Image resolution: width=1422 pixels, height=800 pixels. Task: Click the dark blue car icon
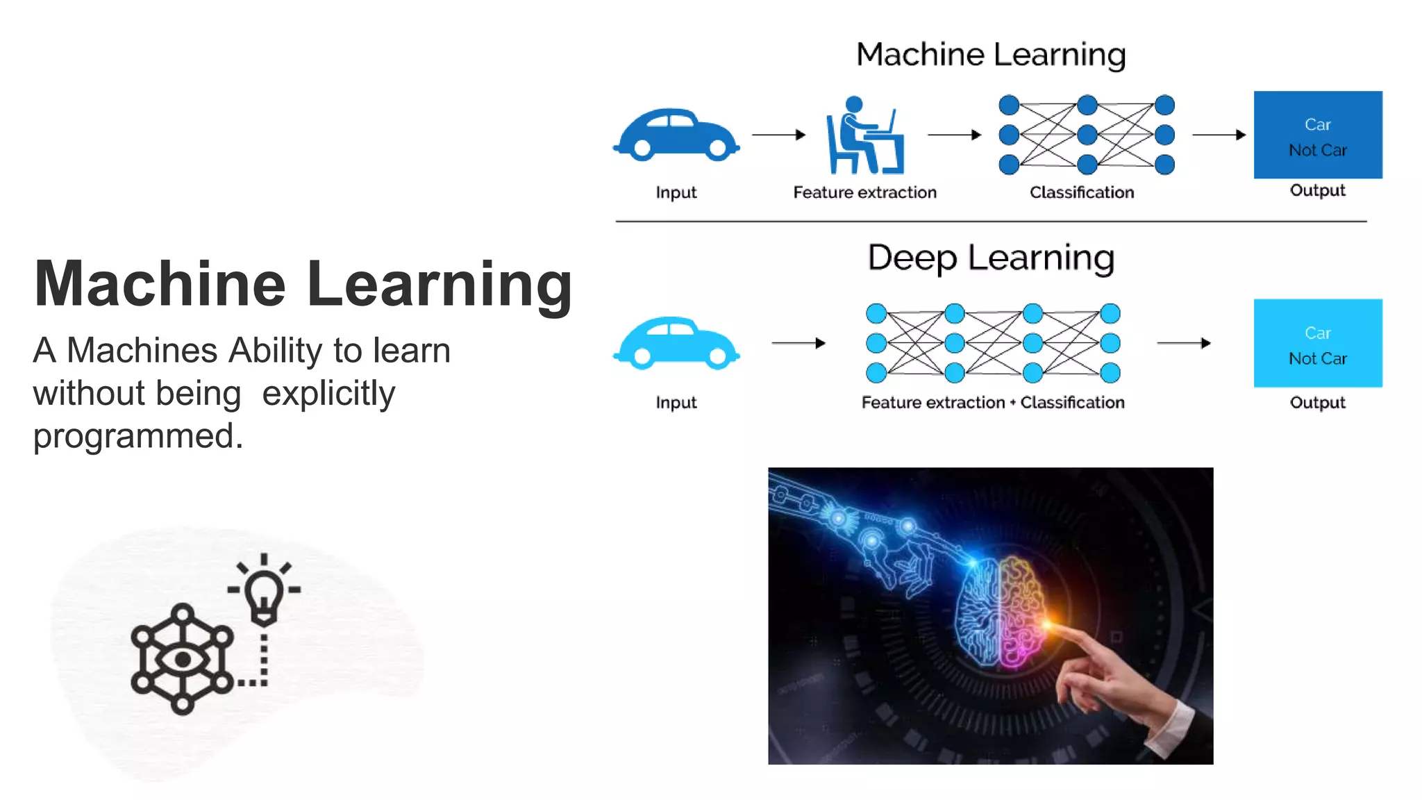pyautogui.click(x=676, y=135)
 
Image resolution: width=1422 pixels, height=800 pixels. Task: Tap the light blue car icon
pyautogui.click(x=676, y=343)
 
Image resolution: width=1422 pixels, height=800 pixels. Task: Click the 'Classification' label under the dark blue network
pyautogui.click(x=1082, y=192)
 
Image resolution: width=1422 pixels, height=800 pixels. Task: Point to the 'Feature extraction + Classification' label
pyautogui.click(x=993, y=403)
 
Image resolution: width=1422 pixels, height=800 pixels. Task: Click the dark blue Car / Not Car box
pyautogui.click(x=1317, y=135)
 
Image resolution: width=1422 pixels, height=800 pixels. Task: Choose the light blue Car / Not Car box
pyautogui.click(x=1317, y=343)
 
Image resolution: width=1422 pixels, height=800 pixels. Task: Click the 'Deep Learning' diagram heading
pyautogui.click(x=991, y=258)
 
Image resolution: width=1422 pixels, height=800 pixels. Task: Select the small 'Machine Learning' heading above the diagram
pyautogui.click(x=991, y=54)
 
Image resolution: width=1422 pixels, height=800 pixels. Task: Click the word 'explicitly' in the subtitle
pyautogui.click(x=328, y=394)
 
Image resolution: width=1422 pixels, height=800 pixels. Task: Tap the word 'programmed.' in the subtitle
pyautogui.click(x=138, y=436)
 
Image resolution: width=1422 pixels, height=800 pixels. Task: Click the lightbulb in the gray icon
pyautogui.click(x=264, y=594)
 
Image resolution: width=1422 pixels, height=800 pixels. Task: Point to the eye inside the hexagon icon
pyautogui.click(x=183, y=659)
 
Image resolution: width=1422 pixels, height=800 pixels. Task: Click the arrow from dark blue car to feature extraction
pyautogui.click(x=778, y=135)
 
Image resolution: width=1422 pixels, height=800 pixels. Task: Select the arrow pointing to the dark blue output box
pyautogui.click(x=1219, y=135)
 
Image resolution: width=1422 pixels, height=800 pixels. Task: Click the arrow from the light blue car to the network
pyautogui.click(x=798, y=343)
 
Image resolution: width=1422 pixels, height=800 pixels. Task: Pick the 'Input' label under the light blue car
pyautogui.click(x=676, y=403)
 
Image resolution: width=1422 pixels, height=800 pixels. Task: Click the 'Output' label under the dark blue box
pyautogui.click(x=1317, y=190)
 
